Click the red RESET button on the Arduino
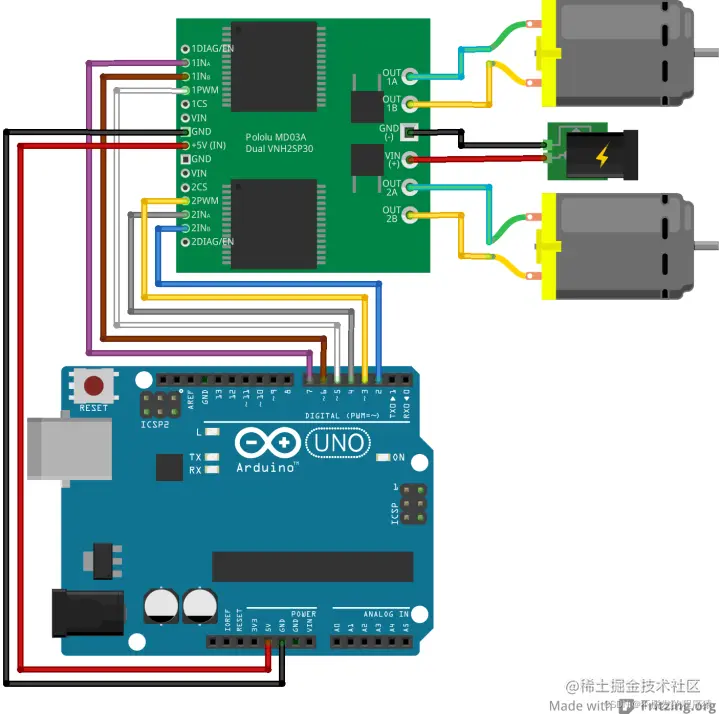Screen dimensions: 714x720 [95, 385]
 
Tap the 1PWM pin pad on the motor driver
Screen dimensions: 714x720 [185, 90]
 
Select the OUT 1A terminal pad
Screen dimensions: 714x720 [409, 76]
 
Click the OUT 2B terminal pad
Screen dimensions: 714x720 [409, 214]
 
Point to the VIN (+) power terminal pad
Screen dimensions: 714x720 [409, 158]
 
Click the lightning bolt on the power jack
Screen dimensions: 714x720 [602, 157]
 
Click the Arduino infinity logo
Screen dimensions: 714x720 [268, 443]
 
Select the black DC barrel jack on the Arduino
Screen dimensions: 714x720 [85, 613]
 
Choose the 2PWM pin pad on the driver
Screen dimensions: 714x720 [185, 201]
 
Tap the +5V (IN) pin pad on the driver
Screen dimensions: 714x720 [185, 145]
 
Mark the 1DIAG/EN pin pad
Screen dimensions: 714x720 [185, 49]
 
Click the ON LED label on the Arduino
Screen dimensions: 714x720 [398, 458]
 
